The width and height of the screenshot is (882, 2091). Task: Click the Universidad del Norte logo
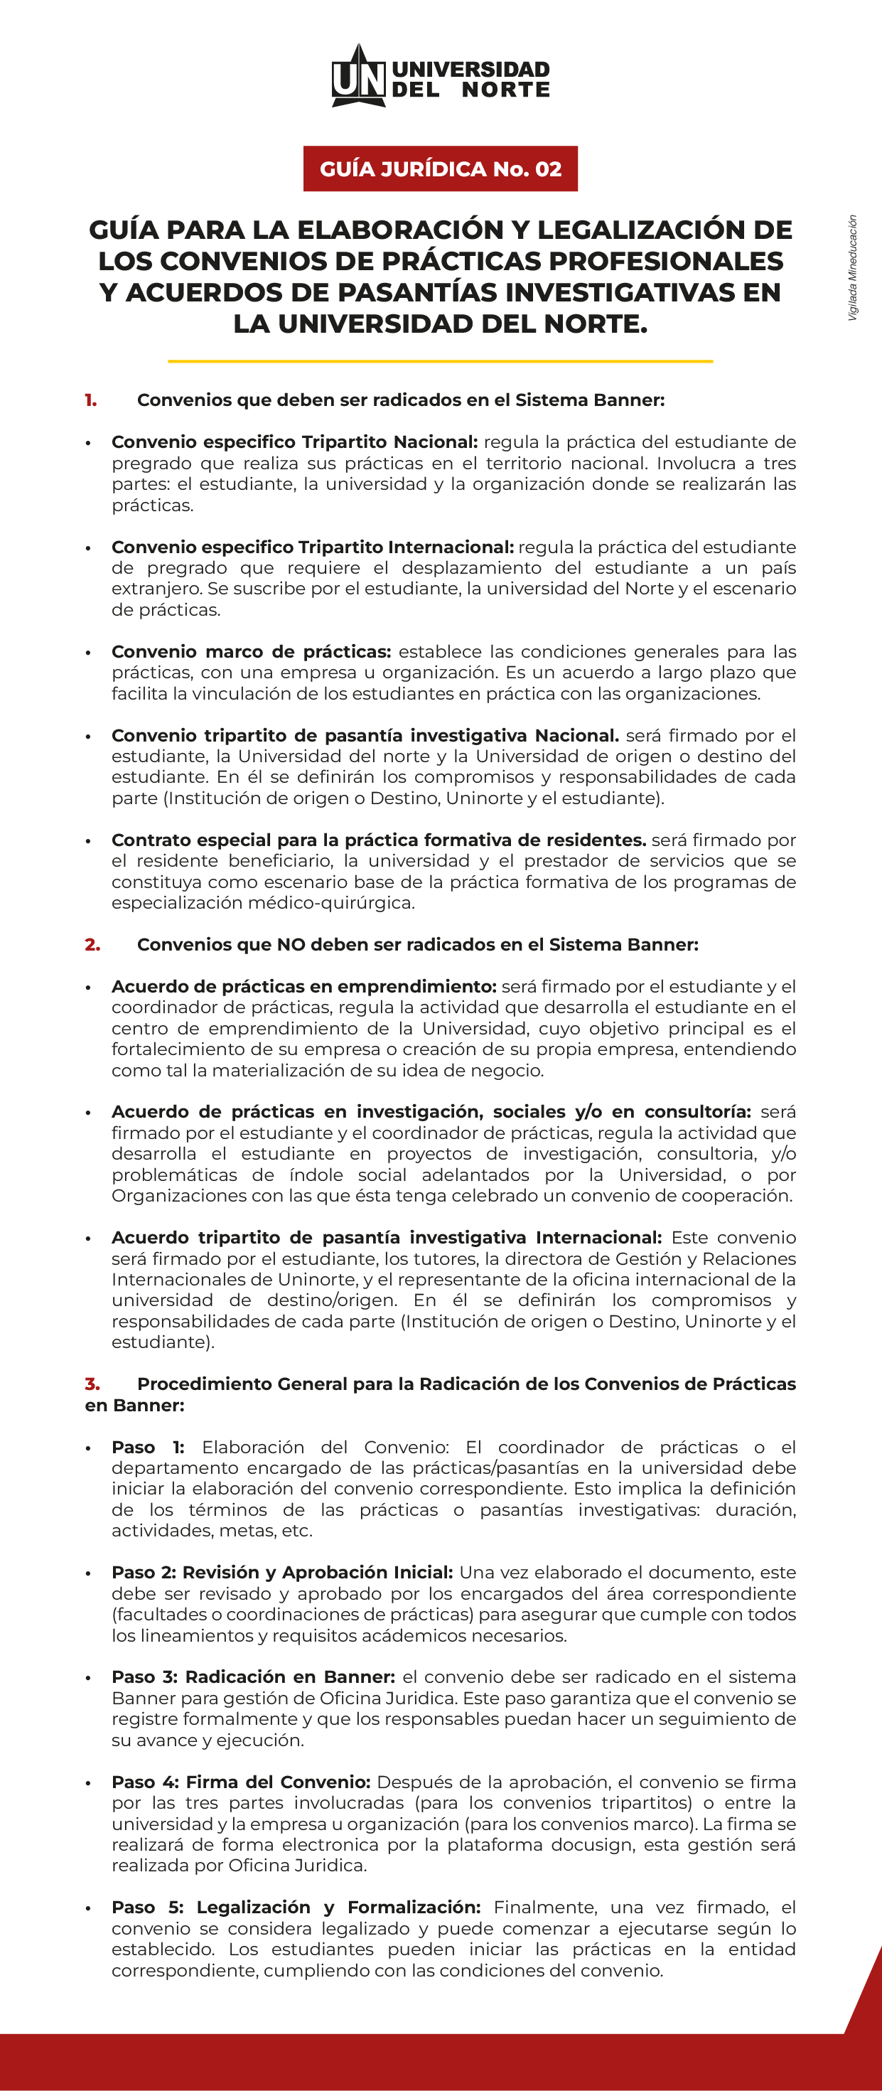coord(441,76)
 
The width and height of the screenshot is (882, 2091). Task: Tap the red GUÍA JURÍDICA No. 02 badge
coord(441,169)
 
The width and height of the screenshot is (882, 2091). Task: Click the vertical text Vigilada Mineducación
coord(852,268)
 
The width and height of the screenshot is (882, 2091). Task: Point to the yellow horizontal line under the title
coord(441,360)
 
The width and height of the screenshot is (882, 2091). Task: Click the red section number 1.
coord(91,400)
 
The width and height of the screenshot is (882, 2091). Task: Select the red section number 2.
coord(92,945)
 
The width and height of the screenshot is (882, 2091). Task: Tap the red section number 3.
coord(92,1384)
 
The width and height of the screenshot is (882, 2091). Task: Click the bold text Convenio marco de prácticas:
coord(252,652)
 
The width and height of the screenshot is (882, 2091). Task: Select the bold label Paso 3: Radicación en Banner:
coord(253,1678)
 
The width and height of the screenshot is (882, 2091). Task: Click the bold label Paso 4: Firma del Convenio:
coord(241,1782)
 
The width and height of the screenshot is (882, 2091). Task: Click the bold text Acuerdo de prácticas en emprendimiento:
coord(303,987)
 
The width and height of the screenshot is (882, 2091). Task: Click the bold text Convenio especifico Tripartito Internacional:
coord(313,547)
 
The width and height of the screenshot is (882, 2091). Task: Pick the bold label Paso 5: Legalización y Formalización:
coord(296,1908)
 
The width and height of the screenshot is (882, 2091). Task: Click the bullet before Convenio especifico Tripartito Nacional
coord(87,443)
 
